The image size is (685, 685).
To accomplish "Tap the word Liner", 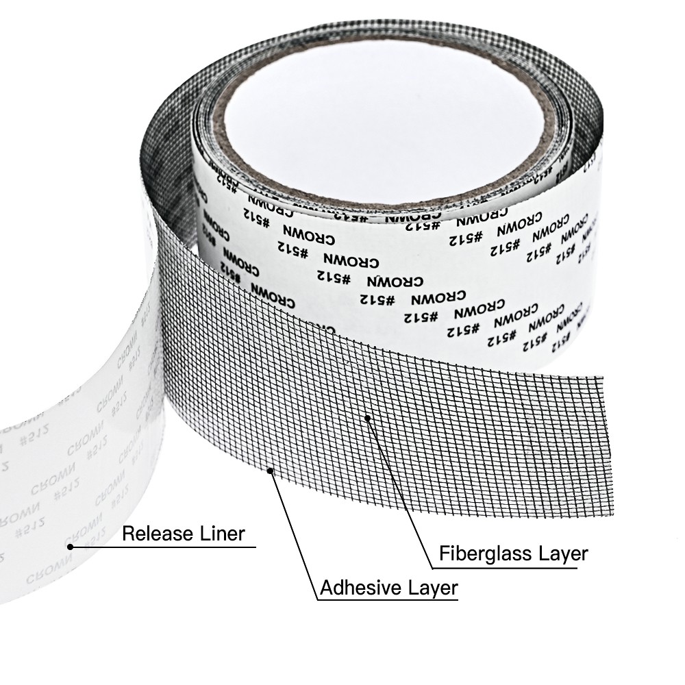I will tap(220, 533).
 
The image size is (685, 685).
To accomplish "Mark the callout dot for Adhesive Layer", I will tap(273, 469).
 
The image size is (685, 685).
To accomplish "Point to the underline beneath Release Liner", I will tap(164, 547).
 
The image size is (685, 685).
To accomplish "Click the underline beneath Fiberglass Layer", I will tap(510, 568).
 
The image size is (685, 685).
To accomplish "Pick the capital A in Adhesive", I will tap(327, 587).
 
